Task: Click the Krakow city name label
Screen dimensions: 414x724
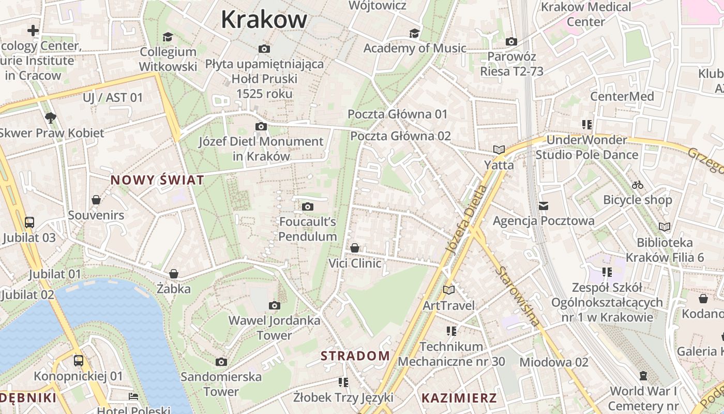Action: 264,20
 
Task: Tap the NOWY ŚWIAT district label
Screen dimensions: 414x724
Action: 157,180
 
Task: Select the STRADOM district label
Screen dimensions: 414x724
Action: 355,356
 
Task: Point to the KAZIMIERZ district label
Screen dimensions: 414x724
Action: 459,398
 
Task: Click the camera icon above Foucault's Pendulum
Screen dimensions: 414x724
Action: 308,207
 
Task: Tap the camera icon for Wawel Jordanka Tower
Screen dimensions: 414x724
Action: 275,306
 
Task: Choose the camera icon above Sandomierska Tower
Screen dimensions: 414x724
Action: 221,362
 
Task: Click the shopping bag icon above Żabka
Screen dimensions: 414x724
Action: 174,273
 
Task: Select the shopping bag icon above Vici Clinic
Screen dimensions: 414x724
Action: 355,248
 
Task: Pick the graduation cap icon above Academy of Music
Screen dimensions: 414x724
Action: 414,33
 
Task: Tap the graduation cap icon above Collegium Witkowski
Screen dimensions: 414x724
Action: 168,37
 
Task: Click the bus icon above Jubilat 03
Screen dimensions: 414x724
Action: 29,223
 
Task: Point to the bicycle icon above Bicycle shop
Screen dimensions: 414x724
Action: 638,185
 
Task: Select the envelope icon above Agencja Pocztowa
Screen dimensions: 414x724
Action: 544,206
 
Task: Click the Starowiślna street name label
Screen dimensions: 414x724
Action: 519,296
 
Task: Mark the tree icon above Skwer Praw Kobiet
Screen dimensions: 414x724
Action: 51,118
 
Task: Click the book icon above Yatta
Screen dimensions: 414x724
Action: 499,150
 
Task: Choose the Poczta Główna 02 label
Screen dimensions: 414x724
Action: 401,136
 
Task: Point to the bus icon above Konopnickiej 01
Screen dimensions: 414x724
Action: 79,361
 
